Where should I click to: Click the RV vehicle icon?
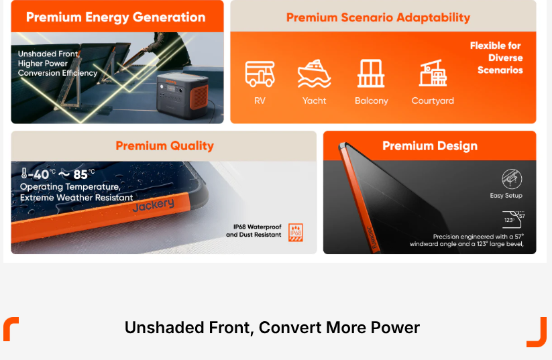pos(260,74)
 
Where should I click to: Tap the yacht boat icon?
pos(314,73)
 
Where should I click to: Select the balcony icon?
pos(371,73)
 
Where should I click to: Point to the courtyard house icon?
pos(433,73)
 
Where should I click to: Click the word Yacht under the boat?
pos(314,101)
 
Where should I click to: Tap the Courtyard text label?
pos(433,101)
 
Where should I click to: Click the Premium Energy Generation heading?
pos(116,17)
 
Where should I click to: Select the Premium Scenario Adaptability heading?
pos(378,17)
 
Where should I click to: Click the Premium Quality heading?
pos(165,145)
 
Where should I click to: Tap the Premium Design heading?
pos(430,145)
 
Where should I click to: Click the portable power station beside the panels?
pos(182,95)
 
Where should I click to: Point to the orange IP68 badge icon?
pos(296,232)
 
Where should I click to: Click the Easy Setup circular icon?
pos(512,179)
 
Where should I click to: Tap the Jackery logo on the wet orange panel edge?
pos(154,205)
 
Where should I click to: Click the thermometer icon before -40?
pos(24,173)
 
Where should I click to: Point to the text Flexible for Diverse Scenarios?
pos(496,58)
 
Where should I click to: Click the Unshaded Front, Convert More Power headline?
pos(272,327)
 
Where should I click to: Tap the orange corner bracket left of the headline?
pos(11,328)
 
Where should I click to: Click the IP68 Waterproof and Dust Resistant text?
pos(254,231)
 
